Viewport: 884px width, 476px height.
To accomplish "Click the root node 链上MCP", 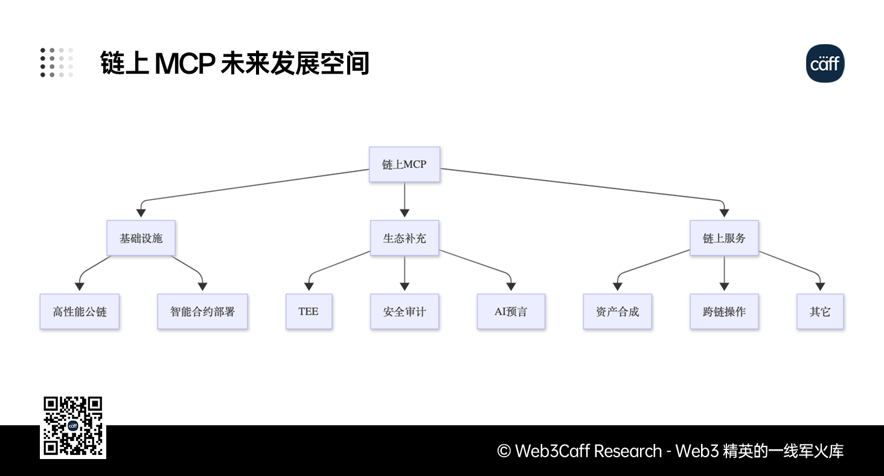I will [x=404, y=164].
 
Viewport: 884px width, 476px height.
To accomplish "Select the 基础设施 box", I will [x=141, y=238].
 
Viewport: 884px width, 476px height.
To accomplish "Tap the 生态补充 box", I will [x=404, y=238].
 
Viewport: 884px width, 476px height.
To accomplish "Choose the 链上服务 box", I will [x=724, y=238].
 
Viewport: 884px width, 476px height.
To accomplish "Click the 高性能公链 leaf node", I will [x=80, y=312].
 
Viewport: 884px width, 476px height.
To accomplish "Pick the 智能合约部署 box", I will [x=202, y=312].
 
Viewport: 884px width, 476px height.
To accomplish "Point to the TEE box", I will [x=309, y=312].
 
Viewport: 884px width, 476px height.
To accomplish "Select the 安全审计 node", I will [x=404, y=312].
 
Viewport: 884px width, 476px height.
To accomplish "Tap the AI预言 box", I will [x=511, y=312].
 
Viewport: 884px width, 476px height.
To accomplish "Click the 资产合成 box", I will [x=617, y=312].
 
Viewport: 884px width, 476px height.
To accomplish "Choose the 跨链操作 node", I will [x=724, y=312].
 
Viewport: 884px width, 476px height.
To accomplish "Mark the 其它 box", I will [x=820, y=312].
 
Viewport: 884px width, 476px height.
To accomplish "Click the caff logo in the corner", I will [x=825, y=63].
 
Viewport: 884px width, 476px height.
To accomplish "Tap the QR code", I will [x=73, y=427].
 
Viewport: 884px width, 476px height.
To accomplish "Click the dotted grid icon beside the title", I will [x=57, y=63].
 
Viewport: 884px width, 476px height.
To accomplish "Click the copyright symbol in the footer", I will [x=504, y=451].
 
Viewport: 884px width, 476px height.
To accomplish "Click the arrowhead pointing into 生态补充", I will [x=404, y=213].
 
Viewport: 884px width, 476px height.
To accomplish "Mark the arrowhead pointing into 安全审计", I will [x=404, y=286].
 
